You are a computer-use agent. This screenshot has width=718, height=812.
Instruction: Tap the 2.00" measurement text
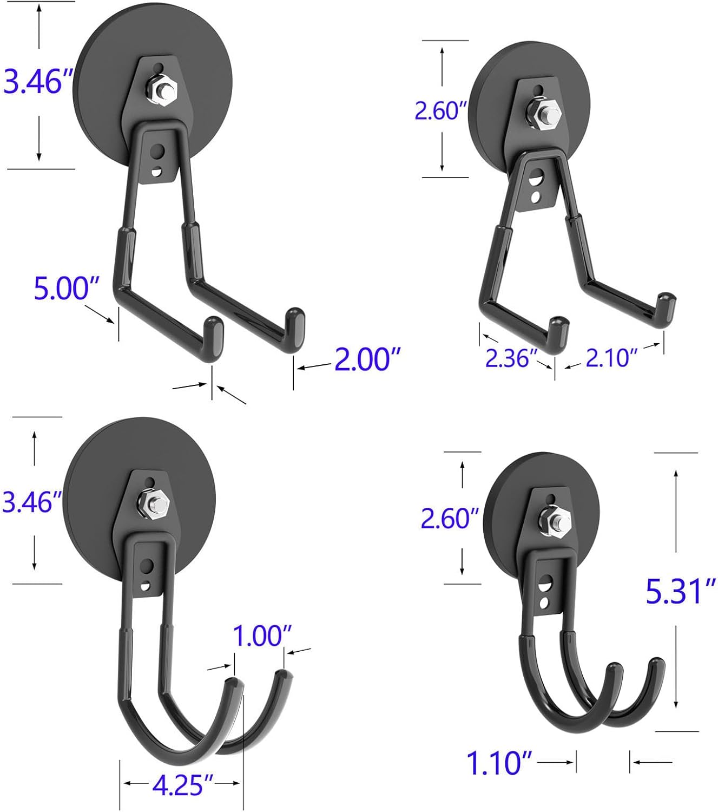click(x=367, y=359)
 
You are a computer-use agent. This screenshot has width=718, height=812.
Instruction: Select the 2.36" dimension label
click(x=510, y=358)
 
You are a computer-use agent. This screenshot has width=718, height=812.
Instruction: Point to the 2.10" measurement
click(x=611, y=358)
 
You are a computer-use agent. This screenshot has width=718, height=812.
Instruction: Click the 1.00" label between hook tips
click(x=262, y=636)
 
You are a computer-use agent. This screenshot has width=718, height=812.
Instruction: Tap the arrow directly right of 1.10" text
click(x=556, y=762)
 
